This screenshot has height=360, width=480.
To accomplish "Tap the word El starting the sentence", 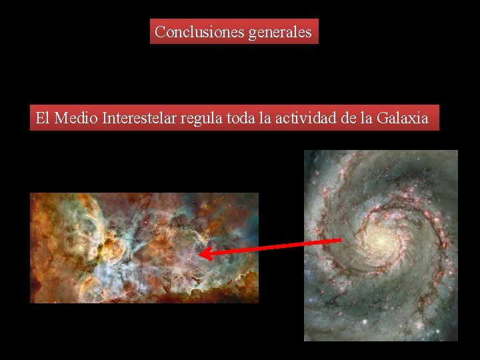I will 42,119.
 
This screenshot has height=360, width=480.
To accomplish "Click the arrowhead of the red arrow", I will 203,253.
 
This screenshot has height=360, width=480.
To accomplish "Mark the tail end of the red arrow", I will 340,240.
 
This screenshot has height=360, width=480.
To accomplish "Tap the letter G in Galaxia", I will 382,119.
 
